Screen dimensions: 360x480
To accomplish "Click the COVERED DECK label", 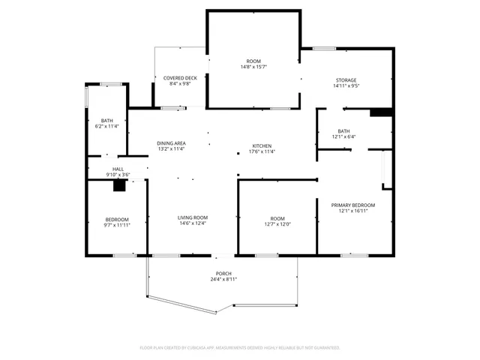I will point(180,77).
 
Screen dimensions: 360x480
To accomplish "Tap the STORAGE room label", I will point(346,80).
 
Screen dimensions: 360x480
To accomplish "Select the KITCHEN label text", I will point(262,145).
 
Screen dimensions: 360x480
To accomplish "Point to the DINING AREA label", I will point(171,142).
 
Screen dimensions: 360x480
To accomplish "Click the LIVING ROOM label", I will point(192,218).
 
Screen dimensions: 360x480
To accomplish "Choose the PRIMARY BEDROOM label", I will point(352,205).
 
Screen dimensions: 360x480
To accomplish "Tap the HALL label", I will point(118,169).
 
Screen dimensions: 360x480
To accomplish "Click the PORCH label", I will point(223,273).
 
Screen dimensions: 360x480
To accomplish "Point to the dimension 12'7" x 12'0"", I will point(277,224).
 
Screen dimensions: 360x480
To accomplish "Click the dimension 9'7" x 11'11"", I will point(117,224).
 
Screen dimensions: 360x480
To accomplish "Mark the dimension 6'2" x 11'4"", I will point(106,126).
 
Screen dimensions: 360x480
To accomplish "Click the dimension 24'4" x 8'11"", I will point(223,280).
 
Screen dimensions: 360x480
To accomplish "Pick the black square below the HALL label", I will point(118,187).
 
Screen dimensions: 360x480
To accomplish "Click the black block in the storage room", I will point(382,113).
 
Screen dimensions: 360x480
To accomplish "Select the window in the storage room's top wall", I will point(324,49).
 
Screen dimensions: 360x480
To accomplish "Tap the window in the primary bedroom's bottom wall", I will point(353,256).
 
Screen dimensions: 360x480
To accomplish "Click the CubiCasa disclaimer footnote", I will point(240,347).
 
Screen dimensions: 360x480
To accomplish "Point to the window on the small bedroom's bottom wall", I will point(124,256).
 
